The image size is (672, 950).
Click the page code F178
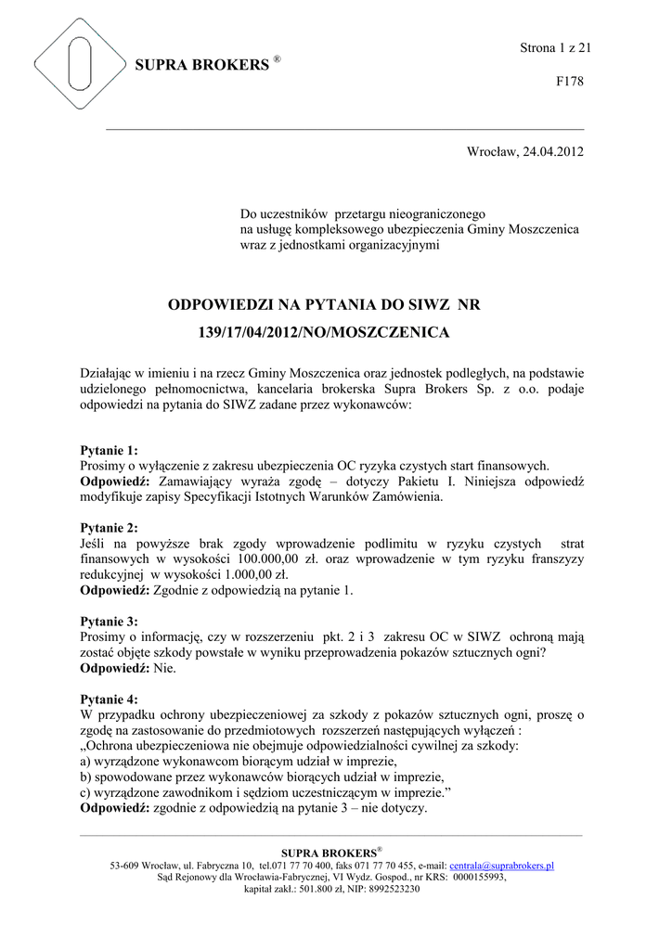(x=569, y=82)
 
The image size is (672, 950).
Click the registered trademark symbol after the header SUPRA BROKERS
(x=277, y=59)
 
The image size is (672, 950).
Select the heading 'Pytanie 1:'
(x=110, y=450)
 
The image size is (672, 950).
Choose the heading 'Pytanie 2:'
(x=110, y=527)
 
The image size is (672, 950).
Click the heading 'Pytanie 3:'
(x=110, y=621)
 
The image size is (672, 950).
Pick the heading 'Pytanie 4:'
(x=110, y=699)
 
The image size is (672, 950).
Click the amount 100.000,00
(x=269, y=558)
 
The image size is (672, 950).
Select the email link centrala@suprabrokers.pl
(x=501, y=865)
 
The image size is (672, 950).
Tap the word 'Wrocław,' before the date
(x=491, y=151)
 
